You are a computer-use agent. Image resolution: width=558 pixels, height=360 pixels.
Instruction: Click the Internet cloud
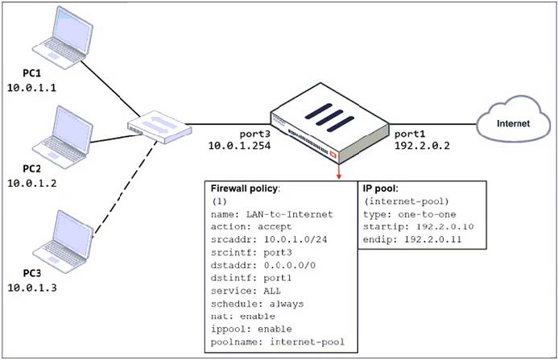pos(512,124)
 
